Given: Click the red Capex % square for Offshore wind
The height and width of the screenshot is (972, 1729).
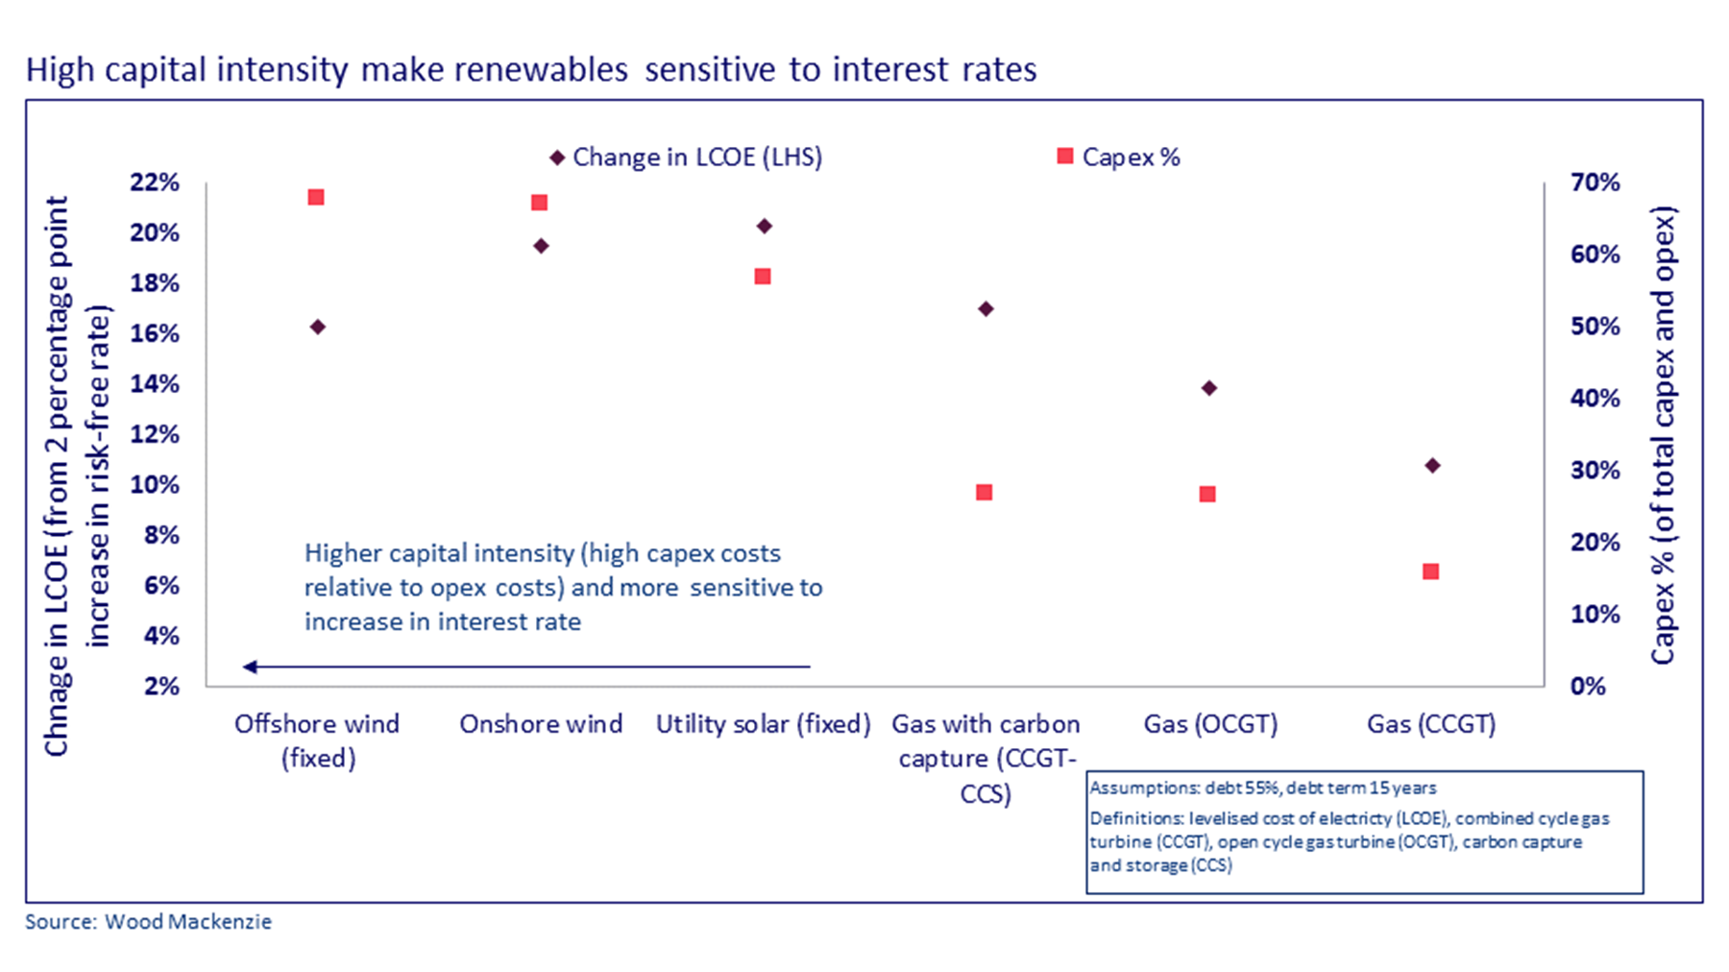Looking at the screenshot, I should coord(315,197).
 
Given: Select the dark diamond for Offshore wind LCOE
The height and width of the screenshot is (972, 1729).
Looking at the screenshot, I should coord(318,328).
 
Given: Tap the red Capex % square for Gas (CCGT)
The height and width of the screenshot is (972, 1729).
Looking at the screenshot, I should coord(1430,571).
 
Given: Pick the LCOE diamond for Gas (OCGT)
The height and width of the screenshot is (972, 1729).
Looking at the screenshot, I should coord(1209,388).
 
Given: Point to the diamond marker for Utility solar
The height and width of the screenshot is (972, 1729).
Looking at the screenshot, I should coord(765,227).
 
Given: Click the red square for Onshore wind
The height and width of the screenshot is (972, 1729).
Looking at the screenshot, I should coord(539,203).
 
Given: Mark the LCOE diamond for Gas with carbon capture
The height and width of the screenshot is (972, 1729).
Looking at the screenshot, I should coord(986,309).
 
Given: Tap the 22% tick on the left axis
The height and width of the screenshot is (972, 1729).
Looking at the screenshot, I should coord(155,182).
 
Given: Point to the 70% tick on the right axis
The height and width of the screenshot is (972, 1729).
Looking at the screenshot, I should coord(1595,182).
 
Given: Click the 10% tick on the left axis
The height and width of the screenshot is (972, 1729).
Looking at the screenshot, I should coord(155,485).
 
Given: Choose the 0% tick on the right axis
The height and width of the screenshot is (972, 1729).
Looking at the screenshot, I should coord(1587,687).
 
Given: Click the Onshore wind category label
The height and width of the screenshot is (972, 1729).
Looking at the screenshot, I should coord(541,724).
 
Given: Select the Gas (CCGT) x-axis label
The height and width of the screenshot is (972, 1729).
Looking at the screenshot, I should coord(1431,724).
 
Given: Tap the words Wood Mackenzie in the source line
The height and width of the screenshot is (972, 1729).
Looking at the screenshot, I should coord(188,922).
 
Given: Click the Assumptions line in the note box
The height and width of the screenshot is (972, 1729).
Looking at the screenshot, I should coord(1262,789).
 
